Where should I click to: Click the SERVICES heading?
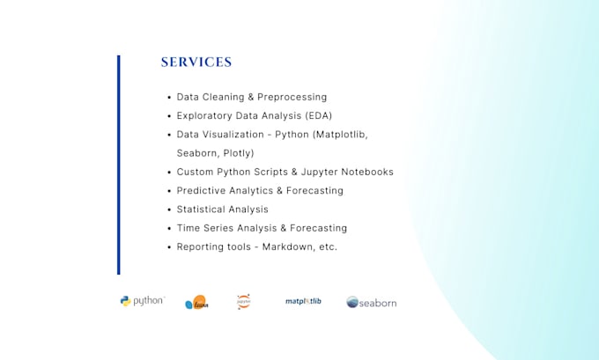click(x=196, y=62)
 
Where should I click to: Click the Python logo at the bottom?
click(x=142, y=301)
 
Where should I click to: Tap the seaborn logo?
click(x=371, y=302)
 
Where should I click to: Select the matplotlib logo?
click(x=303, y=301)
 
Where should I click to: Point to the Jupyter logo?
click(x=244, y=301)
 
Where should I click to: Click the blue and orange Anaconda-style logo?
click(x=196, y=303)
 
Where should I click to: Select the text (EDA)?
click(x=318, y=115)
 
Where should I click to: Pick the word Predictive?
click(x=202, y=190)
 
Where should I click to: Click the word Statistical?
click(x=202, y=209)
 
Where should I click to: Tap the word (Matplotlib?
click(x=336, y=135)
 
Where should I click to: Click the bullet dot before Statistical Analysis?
click(x=168, y=209)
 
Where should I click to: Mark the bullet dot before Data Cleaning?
click(x=168, y=97)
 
